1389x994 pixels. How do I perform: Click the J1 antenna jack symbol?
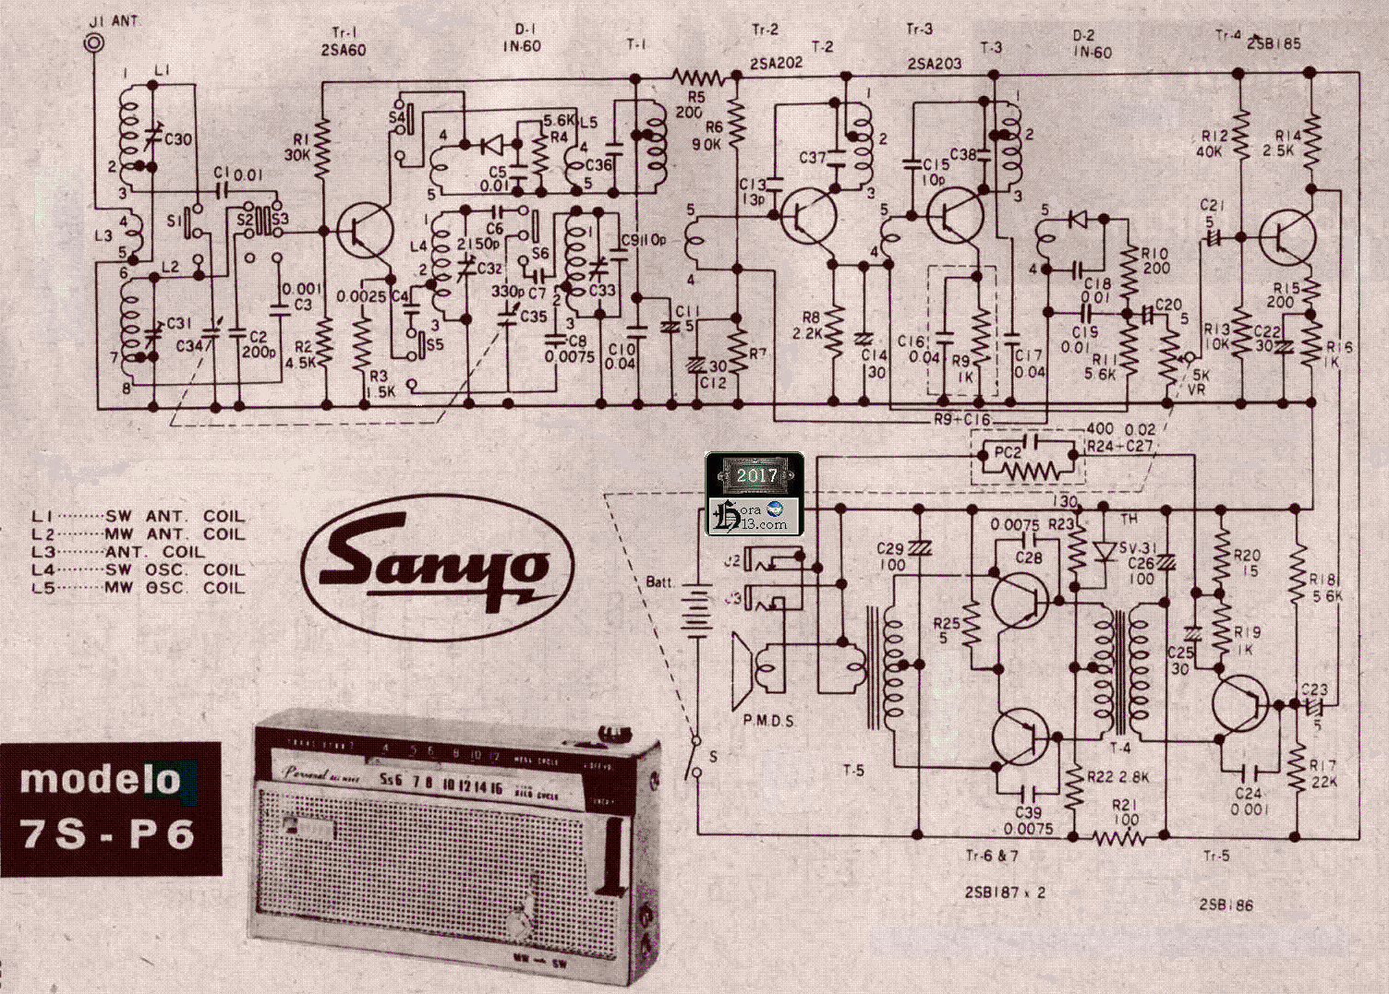[x=92, y=42]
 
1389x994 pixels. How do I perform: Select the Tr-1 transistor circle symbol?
[x=365, y=232]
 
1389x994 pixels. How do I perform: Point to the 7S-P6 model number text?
[x=108, y=834]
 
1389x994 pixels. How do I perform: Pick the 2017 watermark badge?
[x=755, y=476]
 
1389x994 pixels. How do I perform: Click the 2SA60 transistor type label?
[x=343, y=51]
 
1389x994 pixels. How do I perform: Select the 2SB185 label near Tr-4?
[x=1274, y=43]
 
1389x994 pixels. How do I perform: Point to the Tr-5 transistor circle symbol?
[x=1240, y=705]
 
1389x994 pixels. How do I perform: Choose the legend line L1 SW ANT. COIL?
[x=139, y=516]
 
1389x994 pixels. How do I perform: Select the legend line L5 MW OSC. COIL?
[x=139, y=588]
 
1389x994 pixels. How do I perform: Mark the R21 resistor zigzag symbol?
[x=1118, y=837]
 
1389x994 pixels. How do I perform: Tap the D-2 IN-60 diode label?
[x=1091, y=44]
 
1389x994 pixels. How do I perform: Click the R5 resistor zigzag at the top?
[x=699, y=76]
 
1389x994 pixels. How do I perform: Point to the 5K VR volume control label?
[x=1201, y=382]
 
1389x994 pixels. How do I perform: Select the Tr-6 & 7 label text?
[x=992, y=856]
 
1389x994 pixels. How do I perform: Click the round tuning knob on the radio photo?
[x=519, y=922]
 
